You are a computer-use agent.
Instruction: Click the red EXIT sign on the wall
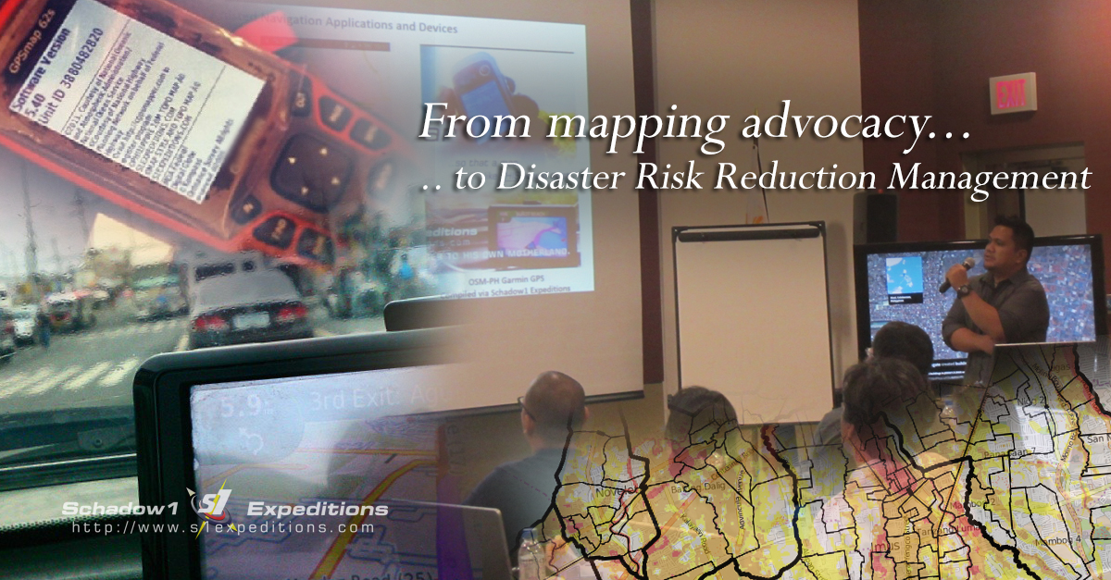coord(1013,93)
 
